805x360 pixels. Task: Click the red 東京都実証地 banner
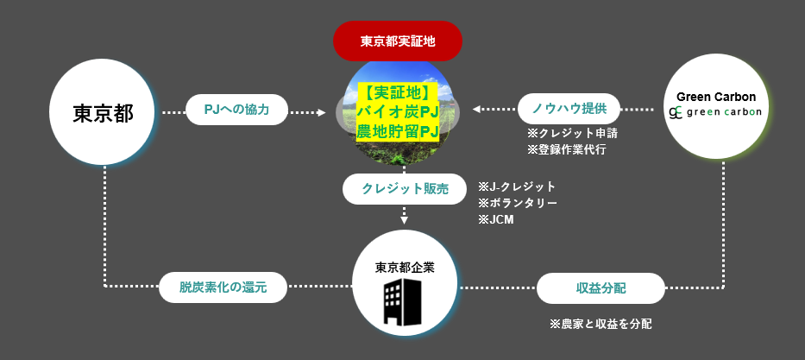click(398, 41)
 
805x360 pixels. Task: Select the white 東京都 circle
click(103, 113)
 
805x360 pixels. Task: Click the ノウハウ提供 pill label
click(569, 109)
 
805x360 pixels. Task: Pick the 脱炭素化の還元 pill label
click(223, 287)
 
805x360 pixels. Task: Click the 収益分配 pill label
click(601, 287)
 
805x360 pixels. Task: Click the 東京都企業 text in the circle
click(405, 267)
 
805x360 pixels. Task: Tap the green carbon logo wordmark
click(724, 113)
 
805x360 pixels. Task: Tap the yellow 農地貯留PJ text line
click(398, 132)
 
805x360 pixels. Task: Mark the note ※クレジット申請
click(572, 134)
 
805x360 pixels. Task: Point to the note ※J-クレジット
click(516, 186)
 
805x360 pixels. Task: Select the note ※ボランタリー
click(517, 203)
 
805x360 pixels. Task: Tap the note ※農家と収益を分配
click(601, 324)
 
